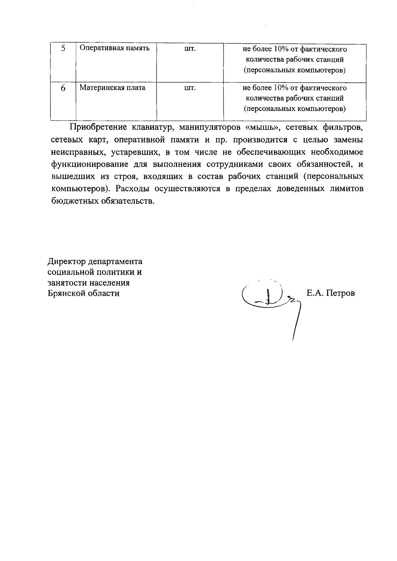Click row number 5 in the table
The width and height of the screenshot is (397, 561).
click(x=63, y=49)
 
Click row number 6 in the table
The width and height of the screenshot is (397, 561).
click(x=63, y=88)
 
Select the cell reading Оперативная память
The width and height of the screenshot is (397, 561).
click(x=115, y=48)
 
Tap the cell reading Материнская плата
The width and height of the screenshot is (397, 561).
click(x=112, y=88)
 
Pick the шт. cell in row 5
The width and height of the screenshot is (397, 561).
click(x=190, y=49)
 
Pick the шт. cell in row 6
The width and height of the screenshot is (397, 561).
click(x=190, y=88)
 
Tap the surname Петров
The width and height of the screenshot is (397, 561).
click(x=340, y=293)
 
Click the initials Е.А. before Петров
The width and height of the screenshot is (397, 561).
click(x=315, y=293)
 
